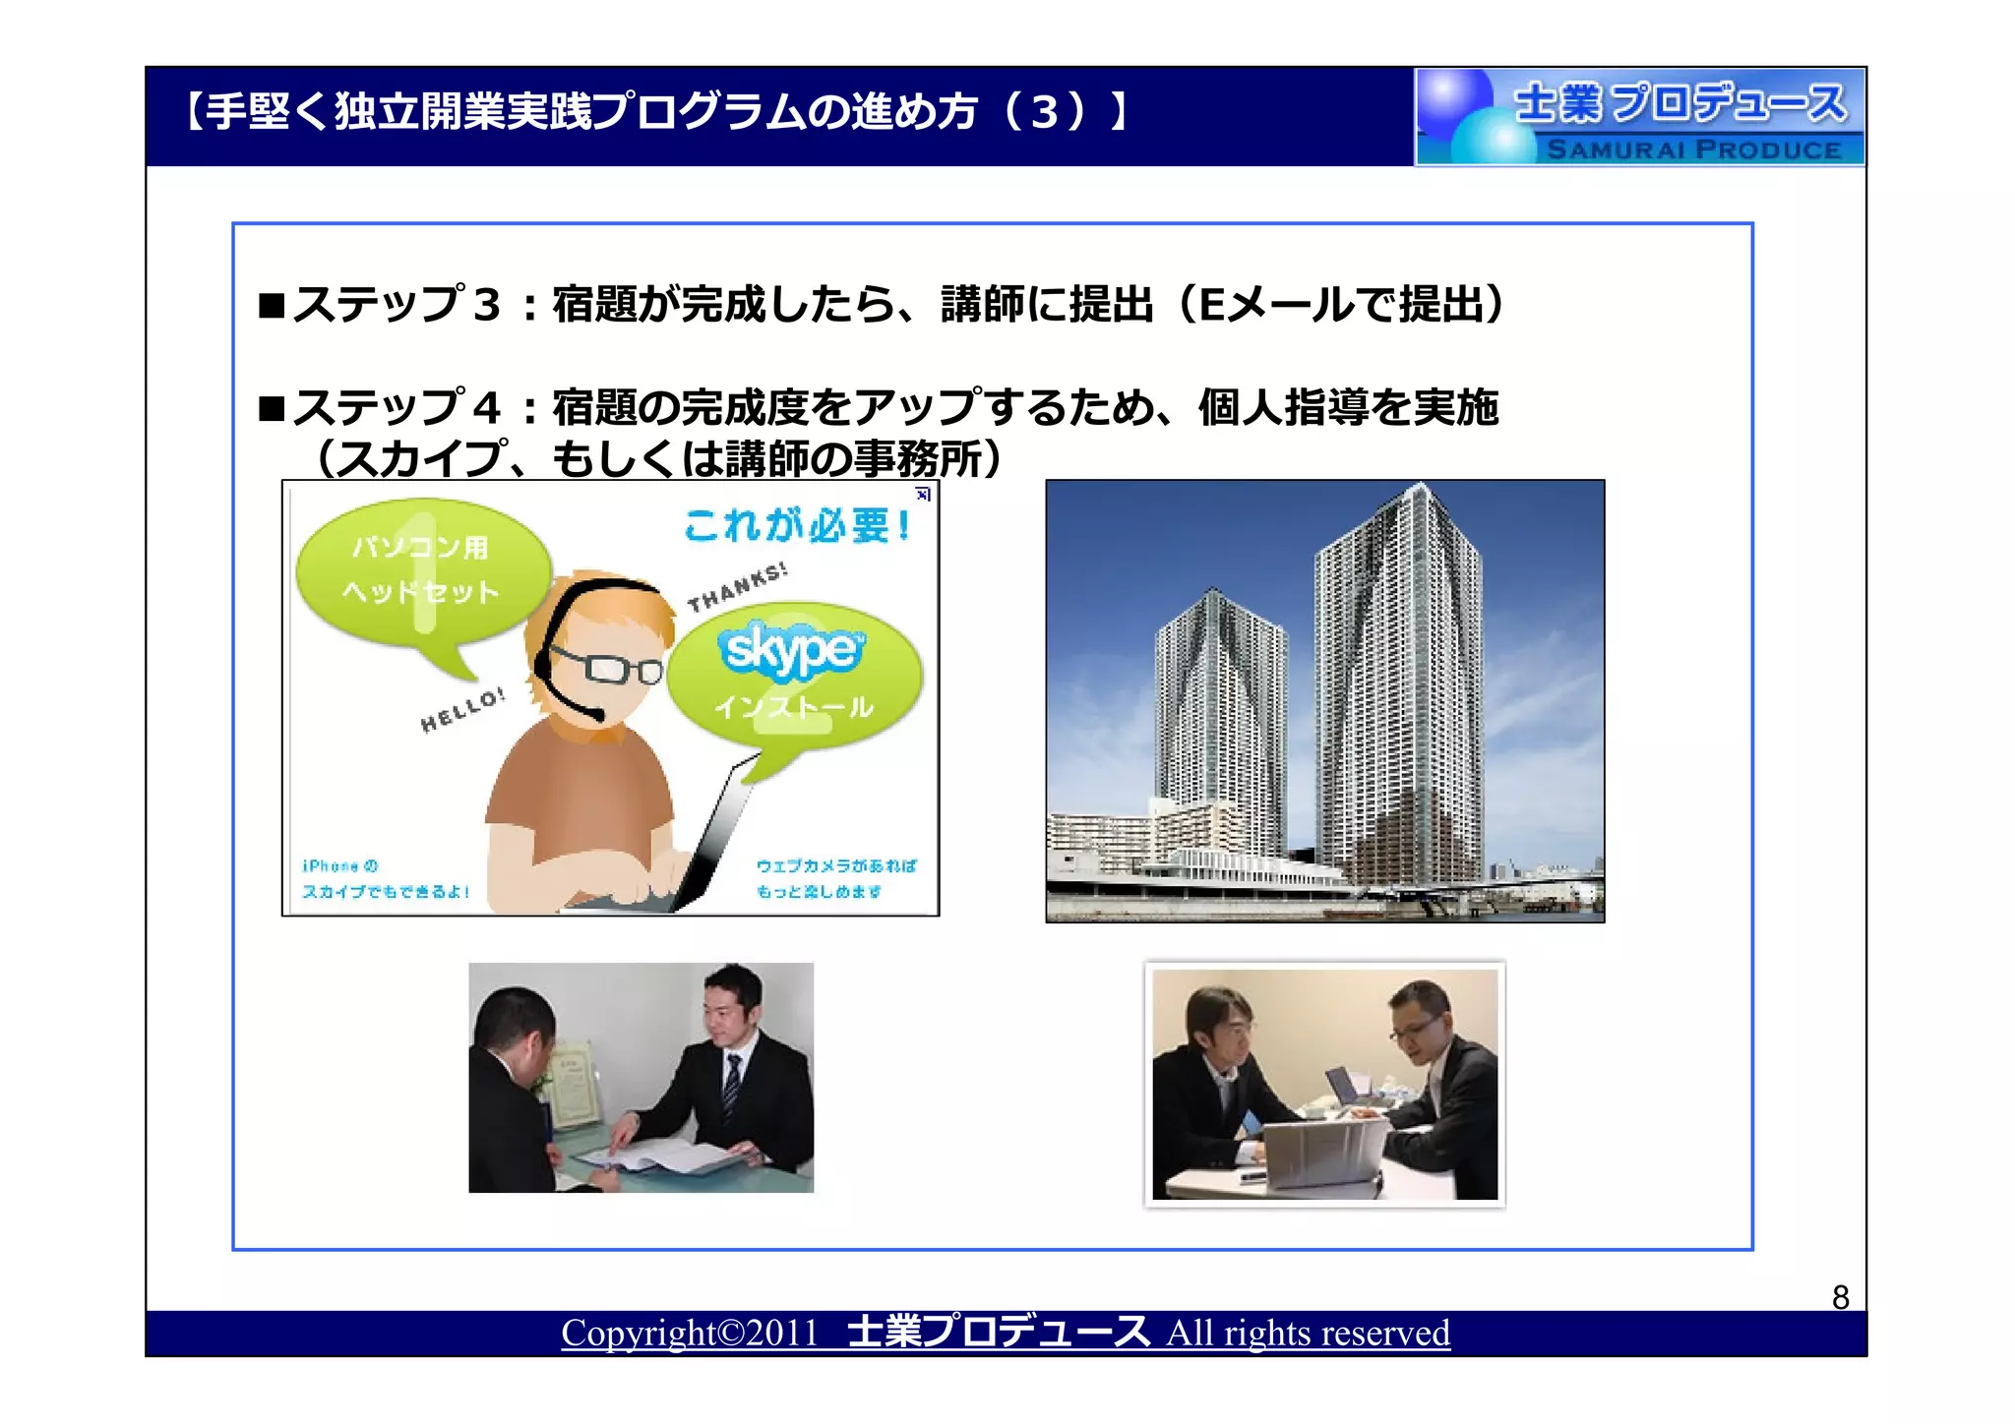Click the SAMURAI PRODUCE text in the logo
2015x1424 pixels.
click(1693, 149)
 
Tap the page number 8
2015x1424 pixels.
click(1840, 1297)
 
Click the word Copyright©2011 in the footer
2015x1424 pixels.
click(690, 1333)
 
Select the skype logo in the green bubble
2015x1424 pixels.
click(791, 649)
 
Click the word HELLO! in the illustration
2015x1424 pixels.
click(462, 710)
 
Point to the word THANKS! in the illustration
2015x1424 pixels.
click(737, 587)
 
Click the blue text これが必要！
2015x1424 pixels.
click(798, 524)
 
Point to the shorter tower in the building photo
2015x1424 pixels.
click(1220, 718)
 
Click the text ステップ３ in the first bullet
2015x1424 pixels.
click(397, 305)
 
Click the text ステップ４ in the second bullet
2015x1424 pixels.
click(397, 407)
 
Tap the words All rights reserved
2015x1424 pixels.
click(1308, 1333)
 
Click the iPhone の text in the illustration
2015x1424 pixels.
click(340, 865)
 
